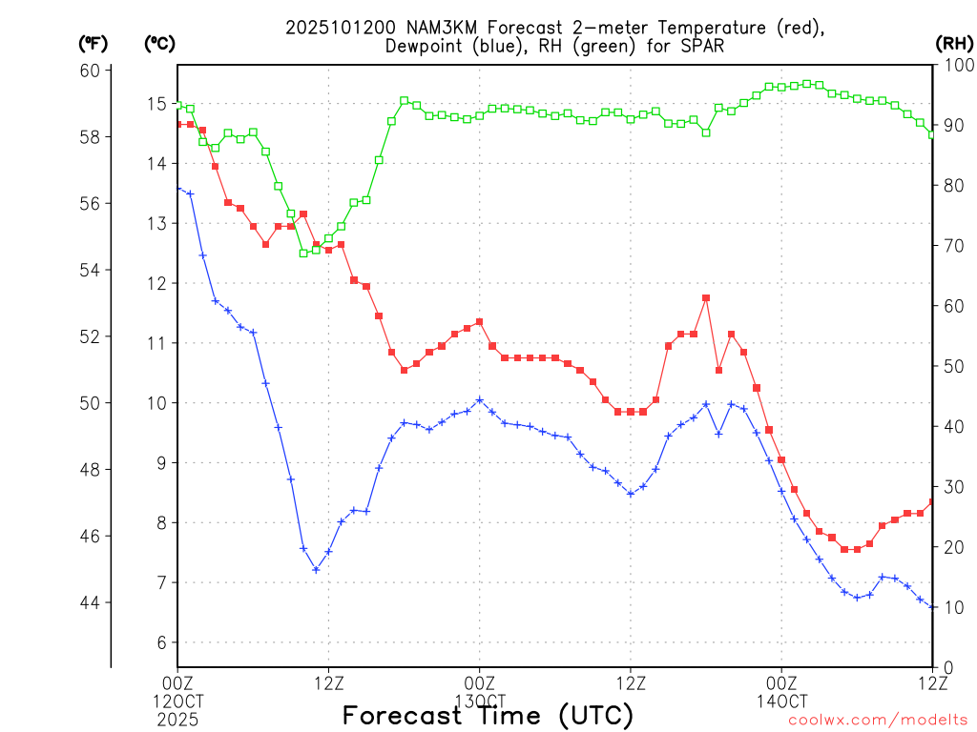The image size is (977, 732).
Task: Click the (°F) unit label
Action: coord(93,43)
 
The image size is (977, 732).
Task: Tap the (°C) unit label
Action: coord(159,43)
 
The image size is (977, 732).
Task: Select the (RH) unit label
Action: coord(953,43)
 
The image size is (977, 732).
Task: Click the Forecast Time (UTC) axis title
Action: coord(488,715)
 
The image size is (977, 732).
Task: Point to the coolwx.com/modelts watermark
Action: coord(878,720)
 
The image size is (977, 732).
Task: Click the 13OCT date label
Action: coord(479,701)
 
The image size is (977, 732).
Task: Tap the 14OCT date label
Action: coord(781,701)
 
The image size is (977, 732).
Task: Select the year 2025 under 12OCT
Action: coord(177,719)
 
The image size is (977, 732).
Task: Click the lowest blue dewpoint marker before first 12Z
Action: coord(316,570)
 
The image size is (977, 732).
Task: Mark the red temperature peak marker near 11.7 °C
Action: coord(706,298)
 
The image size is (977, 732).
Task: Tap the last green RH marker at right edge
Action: coord(932,134)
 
